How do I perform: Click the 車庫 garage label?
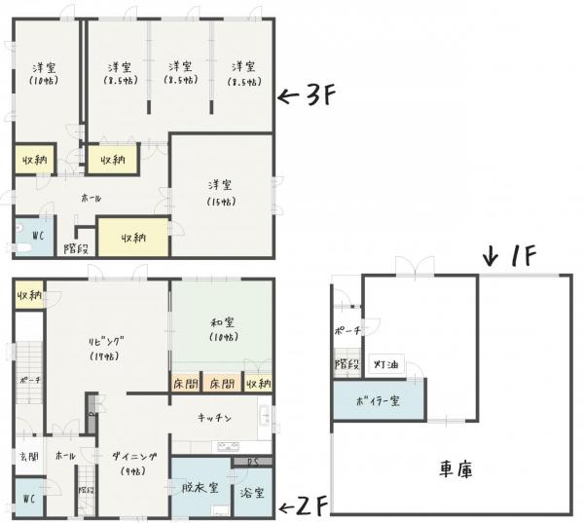click(455, 469)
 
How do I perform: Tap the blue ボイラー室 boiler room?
click(378, 400)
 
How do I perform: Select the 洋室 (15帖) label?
click(222, 192)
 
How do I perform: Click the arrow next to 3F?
click(289, 95)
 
